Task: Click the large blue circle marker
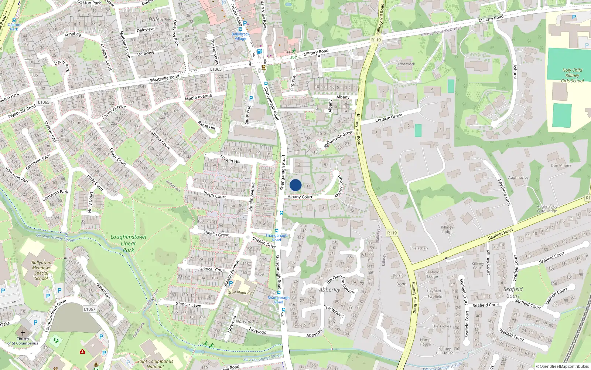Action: click(295, 185)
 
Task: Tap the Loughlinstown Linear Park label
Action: click(128, 243)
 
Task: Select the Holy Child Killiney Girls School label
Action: click(572, 75)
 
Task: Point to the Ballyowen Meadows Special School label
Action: click(41, 270)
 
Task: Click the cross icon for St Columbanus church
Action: click(23, 333)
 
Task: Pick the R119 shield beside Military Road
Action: click(376, 40)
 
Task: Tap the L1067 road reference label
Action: click(89, 309)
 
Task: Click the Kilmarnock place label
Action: click(405, 64)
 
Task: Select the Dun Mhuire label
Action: click(561, 165)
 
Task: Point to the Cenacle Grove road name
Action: click(388, 118)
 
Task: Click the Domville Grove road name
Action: click(340, 137)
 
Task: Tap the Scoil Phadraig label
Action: click(240, 293)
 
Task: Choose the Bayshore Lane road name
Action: click(504, 192)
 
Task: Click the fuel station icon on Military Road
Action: click(259, 51)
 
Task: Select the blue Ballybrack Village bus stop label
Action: click(240, 36)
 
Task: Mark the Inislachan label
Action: click(419, 248)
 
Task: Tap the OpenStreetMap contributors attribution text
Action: click(563, 367)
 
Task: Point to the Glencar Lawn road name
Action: click(188, 305)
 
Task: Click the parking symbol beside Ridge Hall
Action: click(251, 98)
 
